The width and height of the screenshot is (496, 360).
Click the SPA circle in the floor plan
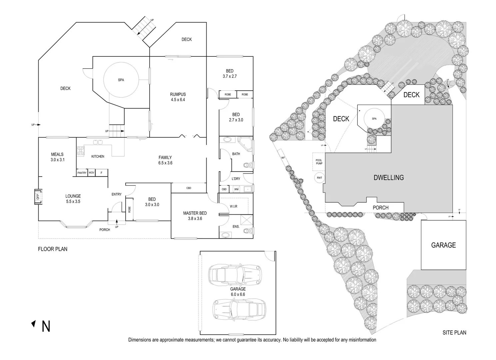121,80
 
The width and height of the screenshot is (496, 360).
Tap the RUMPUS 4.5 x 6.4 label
178,97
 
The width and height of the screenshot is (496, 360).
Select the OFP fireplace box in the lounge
38,197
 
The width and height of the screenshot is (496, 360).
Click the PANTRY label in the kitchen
82,173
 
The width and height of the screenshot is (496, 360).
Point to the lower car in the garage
239,308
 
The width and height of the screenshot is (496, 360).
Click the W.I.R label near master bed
234,206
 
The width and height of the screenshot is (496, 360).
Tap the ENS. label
236,227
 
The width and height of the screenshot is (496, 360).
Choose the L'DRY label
236,179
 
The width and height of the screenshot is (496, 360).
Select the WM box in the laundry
236,189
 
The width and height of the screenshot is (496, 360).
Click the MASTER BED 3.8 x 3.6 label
195,216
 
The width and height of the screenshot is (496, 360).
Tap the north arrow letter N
46,327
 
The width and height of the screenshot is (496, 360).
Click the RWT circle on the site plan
319,178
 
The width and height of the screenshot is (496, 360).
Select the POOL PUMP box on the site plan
319,162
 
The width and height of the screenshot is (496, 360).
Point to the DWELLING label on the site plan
388,178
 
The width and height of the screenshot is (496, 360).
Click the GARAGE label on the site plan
443,245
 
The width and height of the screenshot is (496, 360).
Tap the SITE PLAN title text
454,332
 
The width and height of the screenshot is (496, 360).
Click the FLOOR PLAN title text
53,249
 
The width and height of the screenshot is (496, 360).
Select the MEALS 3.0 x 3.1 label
57,157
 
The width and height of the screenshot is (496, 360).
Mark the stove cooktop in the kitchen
80,151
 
